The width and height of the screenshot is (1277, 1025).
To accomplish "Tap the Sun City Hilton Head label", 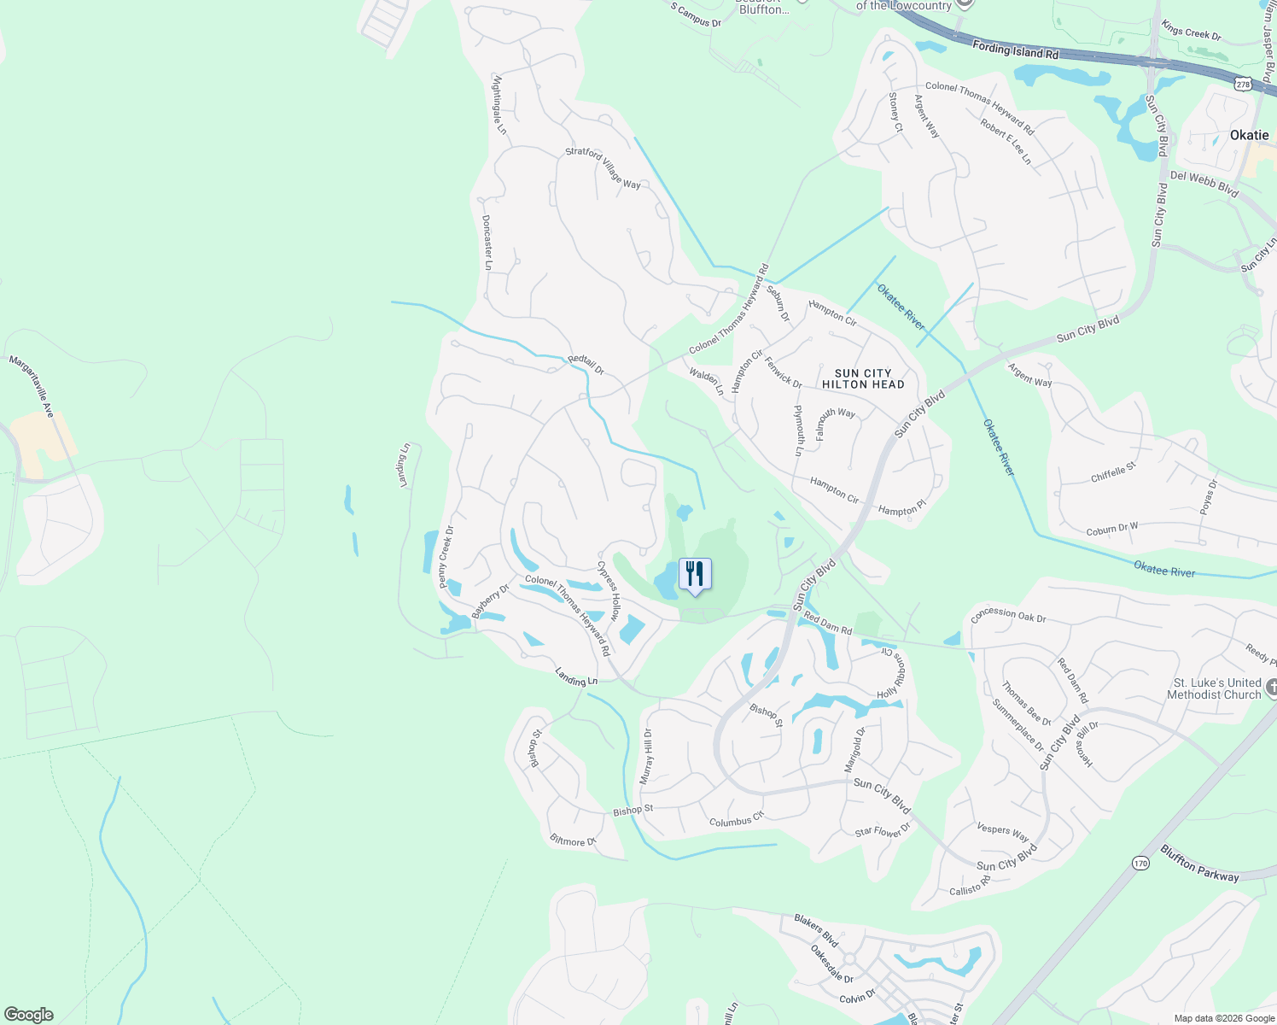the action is click(x=863, y=379).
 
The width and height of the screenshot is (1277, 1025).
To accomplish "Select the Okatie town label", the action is click(x=1249, y=135).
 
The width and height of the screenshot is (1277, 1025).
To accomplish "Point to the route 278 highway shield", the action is click(x=1243, y=83).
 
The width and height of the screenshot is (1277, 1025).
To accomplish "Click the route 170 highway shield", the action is click(x=1141, y=863).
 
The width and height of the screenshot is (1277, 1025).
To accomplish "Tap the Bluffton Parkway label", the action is click(x=1199, y=863).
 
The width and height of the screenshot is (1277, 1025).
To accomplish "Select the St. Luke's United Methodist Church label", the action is click(x=1217, y=688).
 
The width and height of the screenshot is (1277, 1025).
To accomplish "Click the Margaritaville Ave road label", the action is click(x=32, y=386).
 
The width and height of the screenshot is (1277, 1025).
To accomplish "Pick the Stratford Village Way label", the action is click(x=603, y=167).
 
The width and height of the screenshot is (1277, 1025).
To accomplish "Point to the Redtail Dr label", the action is click(x=586, y=365).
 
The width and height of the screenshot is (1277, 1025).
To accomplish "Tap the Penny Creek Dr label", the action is click(x=446, y=557).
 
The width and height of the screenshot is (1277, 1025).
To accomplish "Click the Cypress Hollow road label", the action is click(x=609, y=590).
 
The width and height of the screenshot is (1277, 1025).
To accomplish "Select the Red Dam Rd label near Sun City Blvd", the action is click(x=827, y=624).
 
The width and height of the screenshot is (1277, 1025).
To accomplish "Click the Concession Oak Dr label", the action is click(x=1008, y=614).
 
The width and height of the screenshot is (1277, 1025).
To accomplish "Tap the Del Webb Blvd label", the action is click(x=1204, y=182).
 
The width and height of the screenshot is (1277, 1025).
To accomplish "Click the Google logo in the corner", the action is click(x=28, y=1015).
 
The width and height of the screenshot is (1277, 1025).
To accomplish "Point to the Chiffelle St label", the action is click(x=1113, y=472).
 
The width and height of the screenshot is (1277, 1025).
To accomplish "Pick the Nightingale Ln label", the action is click(x=499, y=104).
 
